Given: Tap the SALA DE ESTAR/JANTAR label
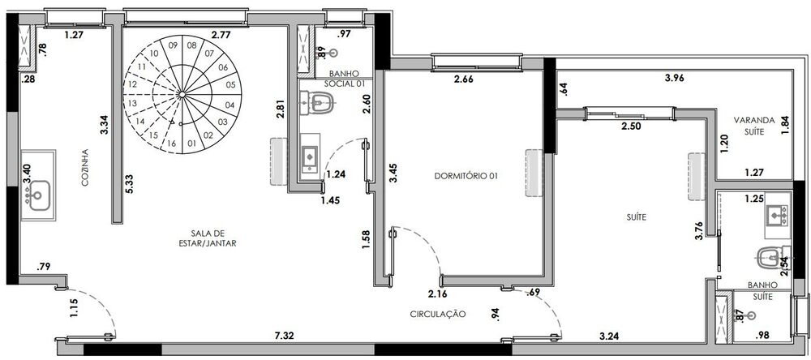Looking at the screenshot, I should [x=208, y=238].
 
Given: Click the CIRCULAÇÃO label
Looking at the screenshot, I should [x=437, y=313].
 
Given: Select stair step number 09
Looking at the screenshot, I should [x=174, y=45].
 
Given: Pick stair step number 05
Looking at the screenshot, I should [x=230, y=84].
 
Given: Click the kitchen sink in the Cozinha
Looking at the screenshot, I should [x=37, y=195].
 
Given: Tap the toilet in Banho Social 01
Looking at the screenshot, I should [x=318, y=101].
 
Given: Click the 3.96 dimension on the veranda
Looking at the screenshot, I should [x=676, y=79].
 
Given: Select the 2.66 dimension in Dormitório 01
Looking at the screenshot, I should [x=463, y=79].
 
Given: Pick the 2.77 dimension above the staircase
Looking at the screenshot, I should [x=221, y=35].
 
